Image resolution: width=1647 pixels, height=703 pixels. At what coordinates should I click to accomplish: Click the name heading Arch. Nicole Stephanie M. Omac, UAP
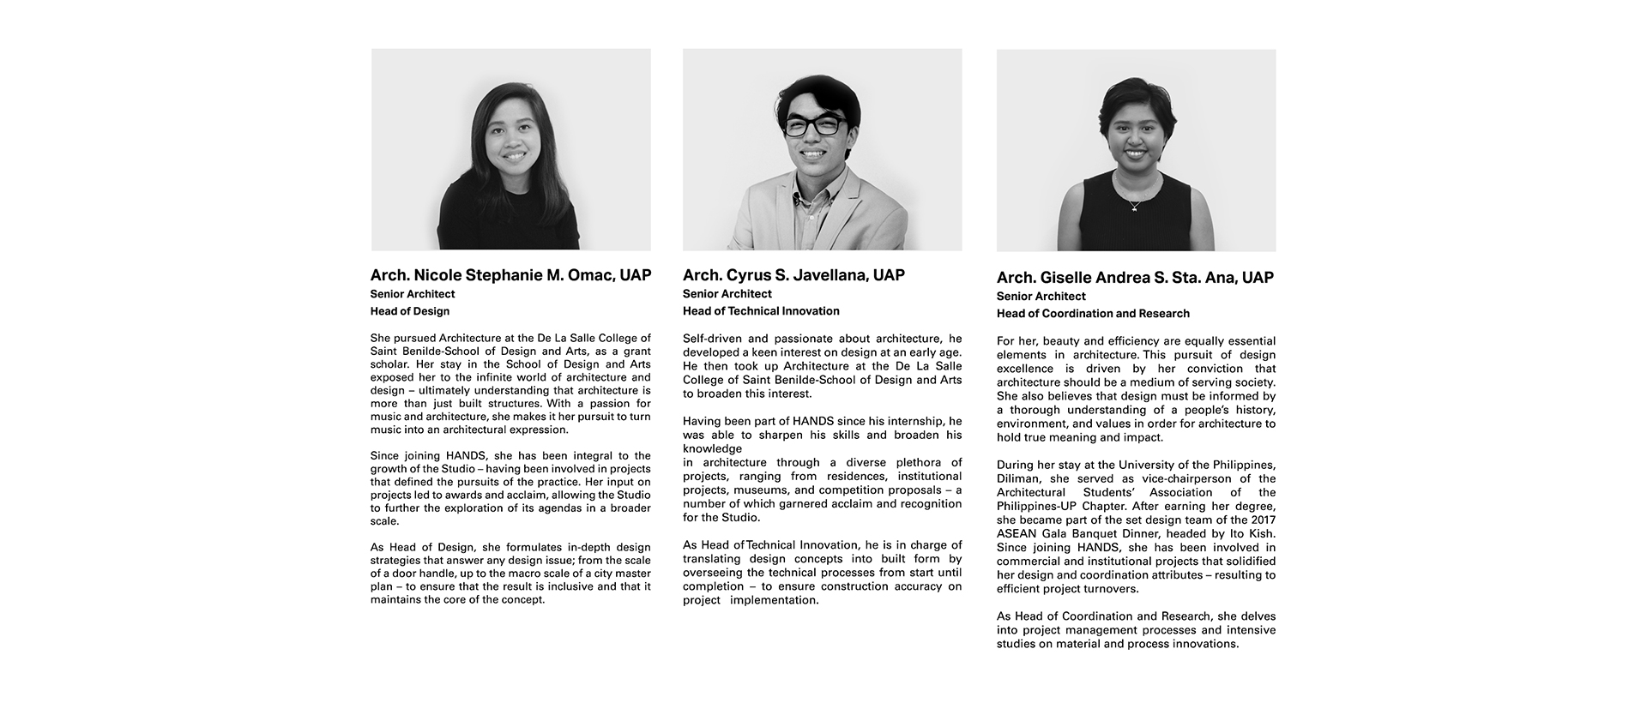click(510, 275)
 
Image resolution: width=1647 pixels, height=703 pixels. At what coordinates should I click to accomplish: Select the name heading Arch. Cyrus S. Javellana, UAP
click(793, 275)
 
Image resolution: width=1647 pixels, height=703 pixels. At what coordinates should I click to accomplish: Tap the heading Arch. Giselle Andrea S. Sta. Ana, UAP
click(1135, 278)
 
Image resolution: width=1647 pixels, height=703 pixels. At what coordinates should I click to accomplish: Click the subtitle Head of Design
click(410, 311)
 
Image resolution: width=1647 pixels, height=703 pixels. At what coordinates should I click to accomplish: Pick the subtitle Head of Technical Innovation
click(761, 311)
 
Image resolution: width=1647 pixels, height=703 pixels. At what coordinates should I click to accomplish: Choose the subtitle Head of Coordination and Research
click(1093, 314)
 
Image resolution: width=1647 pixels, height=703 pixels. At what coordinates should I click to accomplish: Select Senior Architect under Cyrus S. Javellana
click(727, 294)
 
